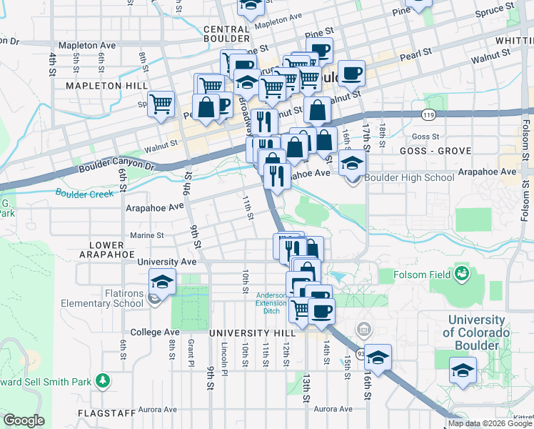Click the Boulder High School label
point(409,178)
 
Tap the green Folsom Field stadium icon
point(462,273)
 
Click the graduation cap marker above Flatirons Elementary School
point(162,281)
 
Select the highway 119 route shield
point(428,114)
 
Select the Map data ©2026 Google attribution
point(490,423)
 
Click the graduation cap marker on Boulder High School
point(351,164)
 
